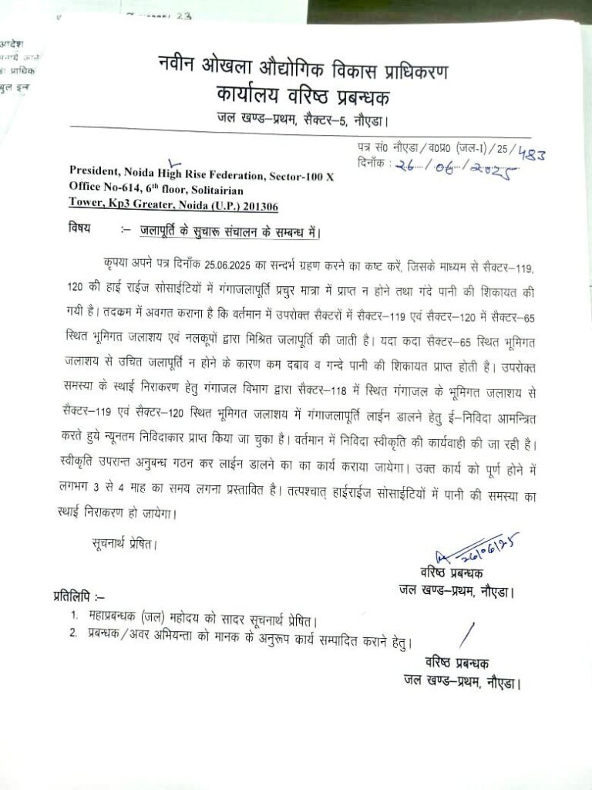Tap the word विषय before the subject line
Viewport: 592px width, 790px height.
[x=79, y=228]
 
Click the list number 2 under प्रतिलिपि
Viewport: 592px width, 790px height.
[x=73, y=636]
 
